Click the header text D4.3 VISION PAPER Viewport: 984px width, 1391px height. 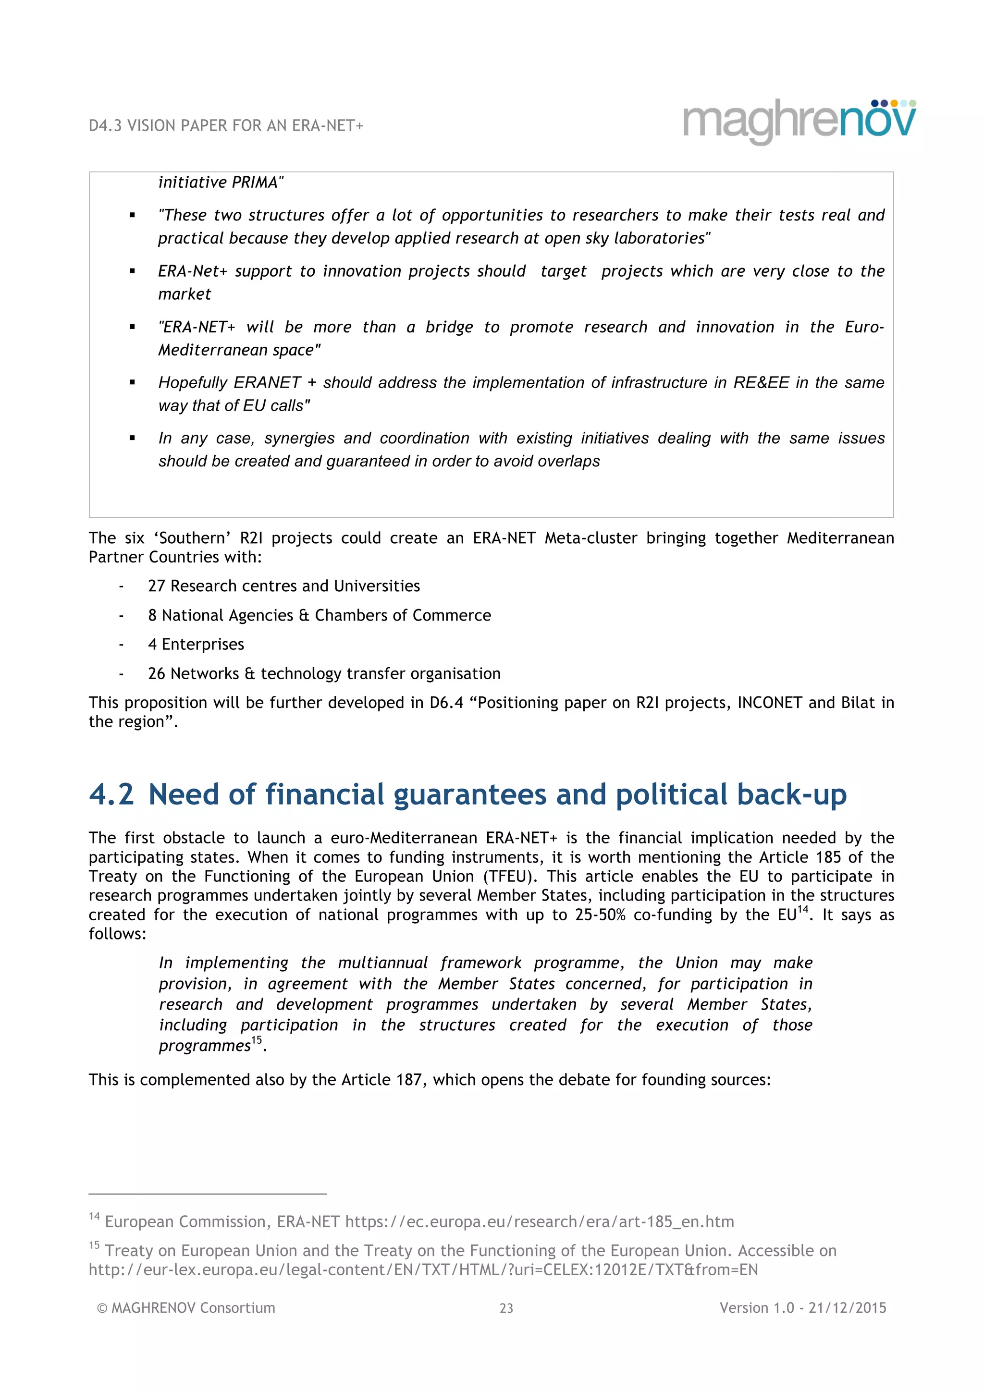pos(225,126)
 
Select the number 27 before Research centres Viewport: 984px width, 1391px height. pos(156,586)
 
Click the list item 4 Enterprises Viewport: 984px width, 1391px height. pos(196,644)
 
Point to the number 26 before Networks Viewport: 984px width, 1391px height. pos(156,674)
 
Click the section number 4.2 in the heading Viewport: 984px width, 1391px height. pos(111,794)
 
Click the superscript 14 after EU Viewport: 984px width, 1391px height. pos(803,909)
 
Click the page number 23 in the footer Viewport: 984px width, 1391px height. pos(506,1308)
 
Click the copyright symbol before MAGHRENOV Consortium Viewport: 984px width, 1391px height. pos(102,1308)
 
